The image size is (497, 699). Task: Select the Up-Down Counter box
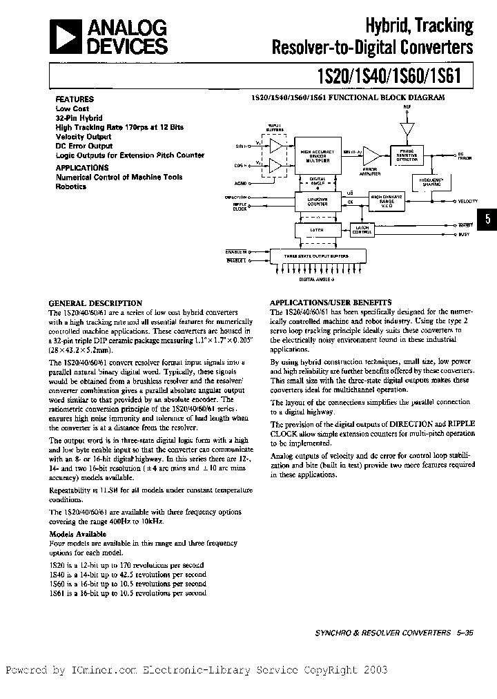(x=317, y=202)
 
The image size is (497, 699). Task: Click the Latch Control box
(x=361, y=231)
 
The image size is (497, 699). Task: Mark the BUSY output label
(x=465, y=235)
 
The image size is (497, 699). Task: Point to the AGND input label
(x=240, y=184)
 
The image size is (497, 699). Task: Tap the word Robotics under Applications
(x=71, y=186)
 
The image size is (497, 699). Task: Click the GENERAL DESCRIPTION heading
(x=95, y=303)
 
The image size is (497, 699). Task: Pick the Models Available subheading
(x=78, y=534)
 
